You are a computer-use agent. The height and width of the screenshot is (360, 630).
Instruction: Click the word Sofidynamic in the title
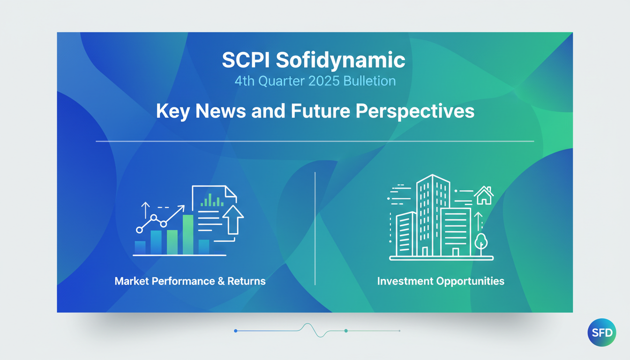pos(341,60)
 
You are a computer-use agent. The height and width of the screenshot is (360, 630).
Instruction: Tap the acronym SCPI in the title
pos(247,60)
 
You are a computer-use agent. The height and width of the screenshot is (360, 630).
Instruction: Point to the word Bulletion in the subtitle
pos(369,81)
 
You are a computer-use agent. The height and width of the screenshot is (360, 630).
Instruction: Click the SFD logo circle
pos(601,332)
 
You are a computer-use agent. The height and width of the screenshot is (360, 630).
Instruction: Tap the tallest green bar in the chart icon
pos(187,234)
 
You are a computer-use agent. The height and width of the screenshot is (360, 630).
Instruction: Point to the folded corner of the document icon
pos(231,191)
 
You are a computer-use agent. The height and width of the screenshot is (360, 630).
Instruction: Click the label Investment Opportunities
pos(441,281)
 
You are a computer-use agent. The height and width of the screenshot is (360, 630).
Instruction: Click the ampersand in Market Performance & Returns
pos(221,281)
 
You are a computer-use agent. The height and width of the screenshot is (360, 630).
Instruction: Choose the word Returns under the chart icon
pos(247,281)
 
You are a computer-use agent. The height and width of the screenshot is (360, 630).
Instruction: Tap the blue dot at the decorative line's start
pos(235,331)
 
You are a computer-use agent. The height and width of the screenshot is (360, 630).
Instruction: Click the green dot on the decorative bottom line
pos(346,331)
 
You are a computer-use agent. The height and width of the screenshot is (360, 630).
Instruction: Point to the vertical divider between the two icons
pos(315,228)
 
